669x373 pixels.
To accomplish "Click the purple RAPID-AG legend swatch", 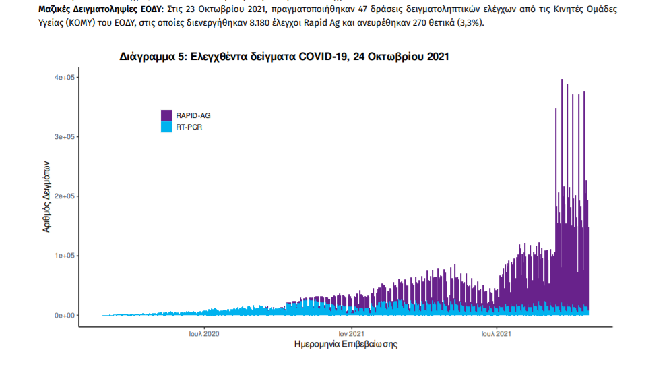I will (166, 115).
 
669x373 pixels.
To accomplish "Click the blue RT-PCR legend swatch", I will (166, 126).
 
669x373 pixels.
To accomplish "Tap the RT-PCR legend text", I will (189, 126).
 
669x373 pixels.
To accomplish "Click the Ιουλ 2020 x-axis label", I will (203, 333).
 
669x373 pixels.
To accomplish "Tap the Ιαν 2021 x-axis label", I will (352, 333).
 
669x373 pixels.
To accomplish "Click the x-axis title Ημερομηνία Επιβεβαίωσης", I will (346, 345).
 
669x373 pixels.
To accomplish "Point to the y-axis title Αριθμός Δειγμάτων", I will (46, 196).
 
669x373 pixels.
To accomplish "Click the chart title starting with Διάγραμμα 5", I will (284, 57).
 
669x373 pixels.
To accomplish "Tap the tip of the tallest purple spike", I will (562, 80).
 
